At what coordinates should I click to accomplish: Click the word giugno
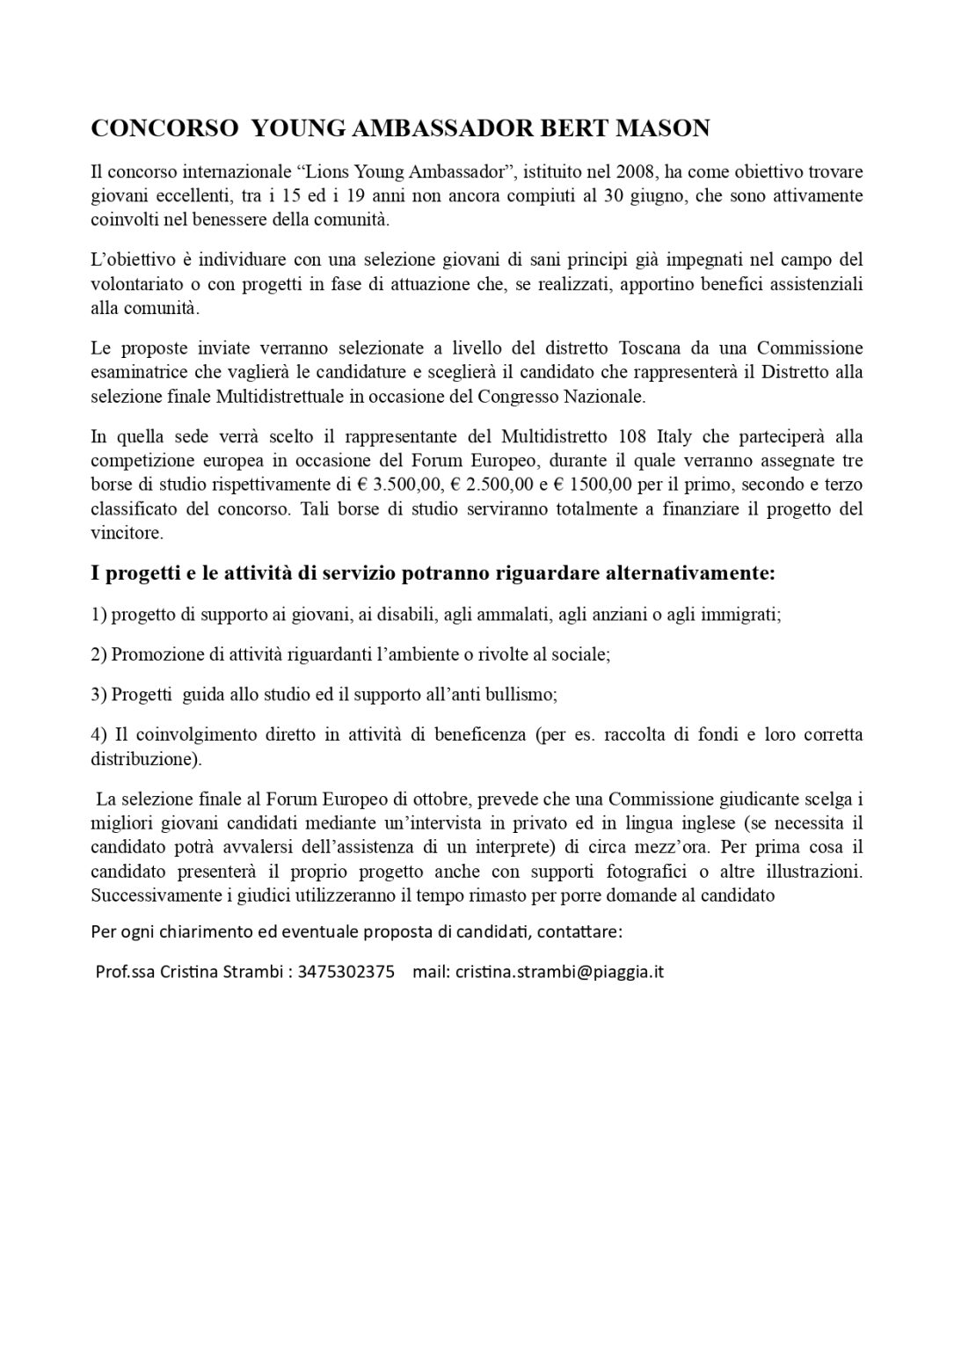tap(654, 195)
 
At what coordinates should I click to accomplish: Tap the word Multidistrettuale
tap(283, 396)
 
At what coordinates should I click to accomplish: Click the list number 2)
tap(98, 654)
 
